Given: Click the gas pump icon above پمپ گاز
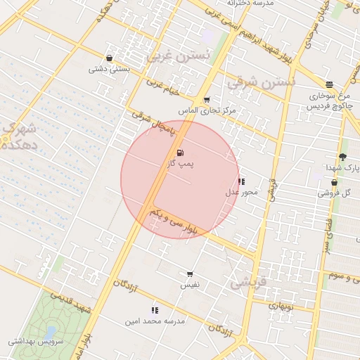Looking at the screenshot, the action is click(181, 153).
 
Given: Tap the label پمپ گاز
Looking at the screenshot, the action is click(181, 163).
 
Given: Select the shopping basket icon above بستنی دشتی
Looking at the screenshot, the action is click(109, 58).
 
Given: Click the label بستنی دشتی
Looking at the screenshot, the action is click(109, 69).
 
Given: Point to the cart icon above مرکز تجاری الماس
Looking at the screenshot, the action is click(206, 100).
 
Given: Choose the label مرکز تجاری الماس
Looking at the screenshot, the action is click(207, 111).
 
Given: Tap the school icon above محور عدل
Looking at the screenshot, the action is click(242, 181).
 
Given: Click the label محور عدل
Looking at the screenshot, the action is click(242, 192).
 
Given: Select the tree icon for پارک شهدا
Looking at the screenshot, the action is click(342, 157).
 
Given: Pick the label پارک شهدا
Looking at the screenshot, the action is click(342, 168).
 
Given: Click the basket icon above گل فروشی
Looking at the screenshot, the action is click(334, 182).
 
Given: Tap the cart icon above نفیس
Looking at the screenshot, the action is click(190, 274).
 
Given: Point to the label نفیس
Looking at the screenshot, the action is click(190, 285).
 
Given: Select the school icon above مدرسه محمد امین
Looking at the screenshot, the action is click(155, 309).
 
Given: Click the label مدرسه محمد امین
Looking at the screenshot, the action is click(155, 321).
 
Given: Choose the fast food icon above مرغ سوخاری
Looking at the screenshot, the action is click(329, 84).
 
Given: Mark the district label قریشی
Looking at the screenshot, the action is click(249, 282).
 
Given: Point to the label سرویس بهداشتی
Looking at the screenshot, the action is click(37, 342).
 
